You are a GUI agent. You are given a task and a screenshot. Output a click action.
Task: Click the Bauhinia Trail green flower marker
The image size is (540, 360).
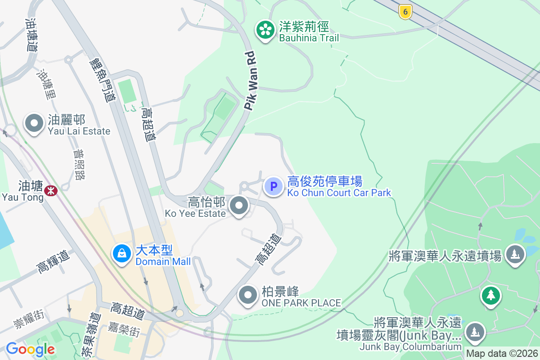click(265, 30)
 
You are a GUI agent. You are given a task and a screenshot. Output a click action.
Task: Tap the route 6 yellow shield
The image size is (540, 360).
click(405, 12)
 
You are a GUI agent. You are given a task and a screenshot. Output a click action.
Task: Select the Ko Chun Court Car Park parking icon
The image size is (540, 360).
click(273, 186)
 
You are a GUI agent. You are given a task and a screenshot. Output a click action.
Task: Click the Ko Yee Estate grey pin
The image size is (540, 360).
click(239, 206)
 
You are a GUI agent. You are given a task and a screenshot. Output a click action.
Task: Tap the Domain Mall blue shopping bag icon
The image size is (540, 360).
click(121, 253)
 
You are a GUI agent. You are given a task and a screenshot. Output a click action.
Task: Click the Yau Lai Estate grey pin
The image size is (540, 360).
click(34, 123)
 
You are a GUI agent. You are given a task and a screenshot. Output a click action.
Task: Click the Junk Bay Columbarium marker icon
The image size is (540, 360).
click(474, 332)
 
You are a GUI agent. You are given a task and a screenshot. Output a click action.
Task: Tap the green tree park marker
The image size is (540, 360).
click(490, 296)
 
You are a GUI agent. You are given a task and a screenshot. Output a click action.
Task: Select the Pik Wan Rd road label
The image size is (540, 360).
click(252, 81)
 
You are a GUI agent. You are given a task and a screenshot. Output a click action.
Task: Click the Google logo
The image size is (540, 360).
click(31, 349)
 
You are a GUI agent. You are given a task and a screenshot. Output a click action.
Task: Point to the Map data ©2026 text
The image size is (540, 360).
click(502, 354)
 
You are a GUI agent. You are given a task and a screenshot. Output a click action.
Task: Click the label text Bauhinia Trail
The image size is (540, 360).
click(309, 38)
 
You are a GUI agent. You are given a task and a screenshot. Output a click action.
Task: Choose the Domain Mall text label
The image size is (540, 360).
click(163, 261)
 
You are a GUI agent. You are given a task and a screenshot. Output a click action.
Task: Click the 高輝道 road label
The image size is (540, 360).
click(54, 261)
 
